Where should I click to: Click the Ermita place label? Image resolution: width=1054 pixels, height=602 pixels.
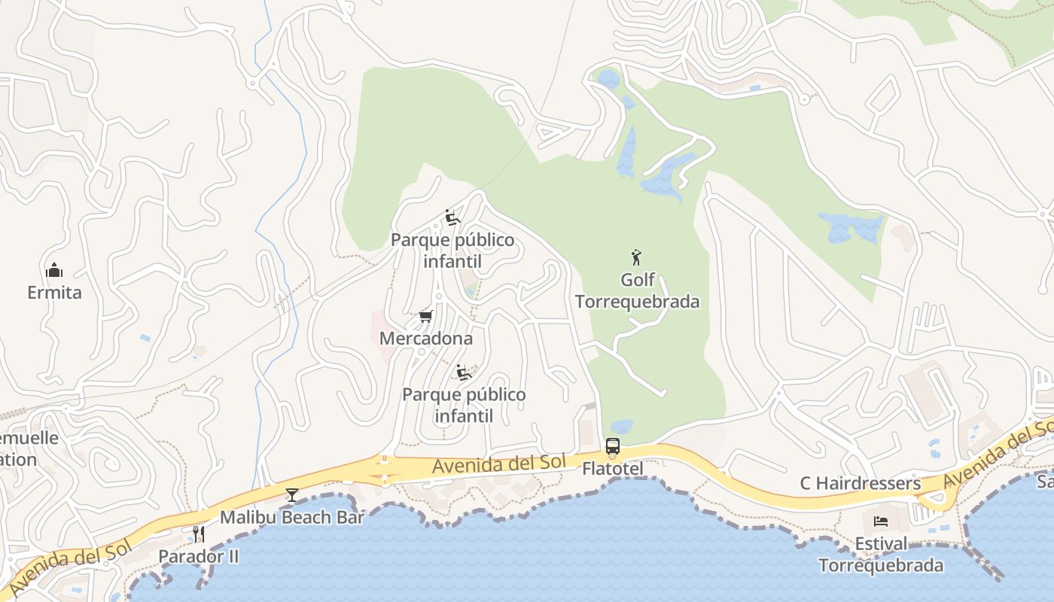coord(54,292)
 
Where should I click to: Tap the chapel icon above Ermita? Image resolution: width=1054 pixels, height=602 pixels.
coord(54,270)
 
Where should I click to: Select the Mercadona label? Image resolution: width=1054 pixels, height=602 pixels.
coord(426,339)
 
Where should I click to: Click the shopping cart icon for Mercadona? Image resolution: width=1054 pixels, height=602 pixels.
coord(426,317)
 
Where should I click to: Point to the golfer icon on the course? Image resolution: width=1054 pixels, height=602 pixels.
coord(637,257)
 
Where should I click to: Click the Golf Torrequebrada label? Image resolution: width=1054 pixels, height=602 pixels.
coord(638,291)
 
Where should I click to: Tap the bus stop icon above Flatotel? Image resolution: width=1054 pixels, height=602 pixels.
coord(613,446)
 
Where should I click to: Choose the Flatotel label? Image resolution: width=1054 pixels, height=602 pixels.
coord(613,469)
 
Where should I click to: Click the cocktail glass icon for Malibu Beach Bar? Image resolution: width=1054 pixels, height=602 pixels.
coord(292,495)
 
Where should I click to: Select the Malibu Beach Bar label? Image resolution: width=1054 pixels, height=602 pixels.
coord(292,518)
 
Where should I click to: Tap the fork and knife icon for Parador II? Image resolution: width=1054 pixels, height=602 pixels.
coord(199,534)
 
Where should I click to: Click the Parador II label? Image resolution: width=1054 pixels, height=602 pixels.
coord(199,557)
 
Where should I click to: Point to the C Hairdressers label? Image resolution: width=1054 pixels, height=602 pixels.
coord(860,483)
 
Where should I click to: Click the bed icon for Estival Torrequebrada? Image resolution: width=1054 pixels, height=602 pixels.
coord(881,521)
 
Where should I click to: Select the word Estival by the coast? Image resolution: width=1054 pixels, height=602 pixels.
coord(881,544)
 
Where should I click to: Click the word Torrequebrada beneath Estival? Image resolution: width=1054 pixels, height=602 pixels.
coord(881,565)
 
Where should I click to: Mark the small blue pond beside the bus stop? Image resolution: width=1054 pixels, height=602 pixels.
coord(621,427)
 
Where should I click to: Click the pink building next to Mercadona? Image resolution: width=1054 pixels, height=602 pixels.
coord(382,335)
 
